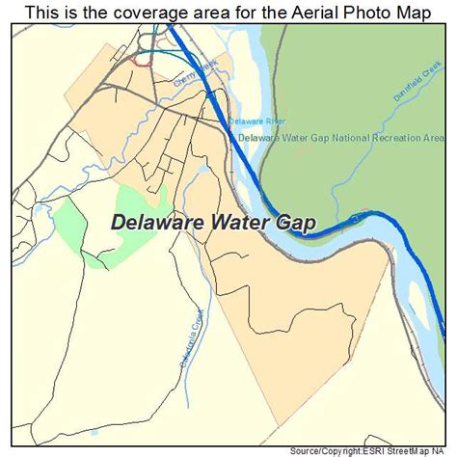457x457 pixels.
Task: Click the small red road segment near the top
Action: (x=143, y=61)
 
